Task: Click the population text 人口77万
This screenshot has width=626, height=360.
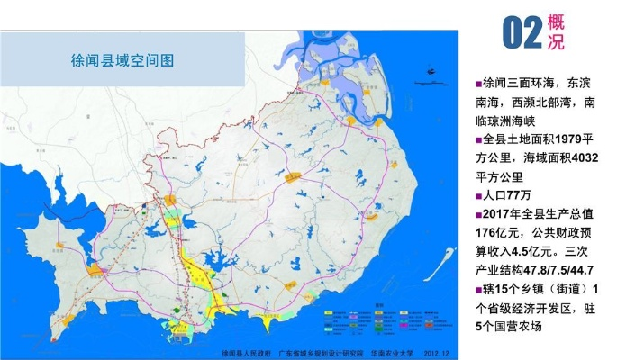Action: coord(513,195)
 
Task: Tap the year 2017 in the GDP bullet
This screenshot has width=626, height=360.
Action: coord(501,214)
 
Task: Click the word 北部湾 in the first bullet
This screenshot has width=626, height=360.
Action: coord(558,103)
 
